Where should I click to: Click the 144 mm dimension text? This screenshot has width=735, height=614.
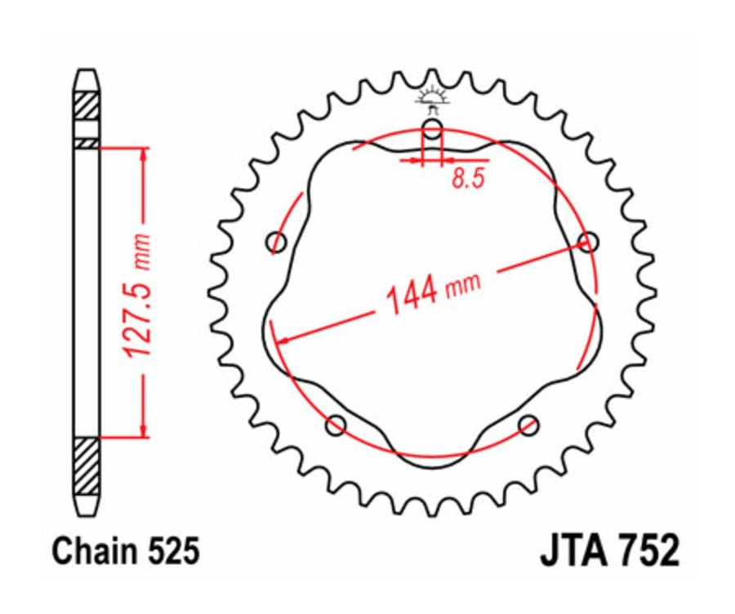433,291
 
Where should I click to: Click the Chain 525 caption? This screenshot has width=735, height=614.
125,552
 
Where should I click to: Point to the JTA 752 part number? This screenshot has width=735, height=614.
608,552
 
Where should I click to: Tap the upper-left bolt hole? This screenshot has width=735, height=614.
278,242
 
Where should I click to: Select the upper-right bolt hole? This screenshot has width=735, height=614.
588,242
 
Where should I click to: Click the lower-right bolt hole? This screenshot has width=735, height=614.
529,424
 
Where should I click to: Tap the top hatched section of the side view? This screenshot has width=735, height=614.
87,106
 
